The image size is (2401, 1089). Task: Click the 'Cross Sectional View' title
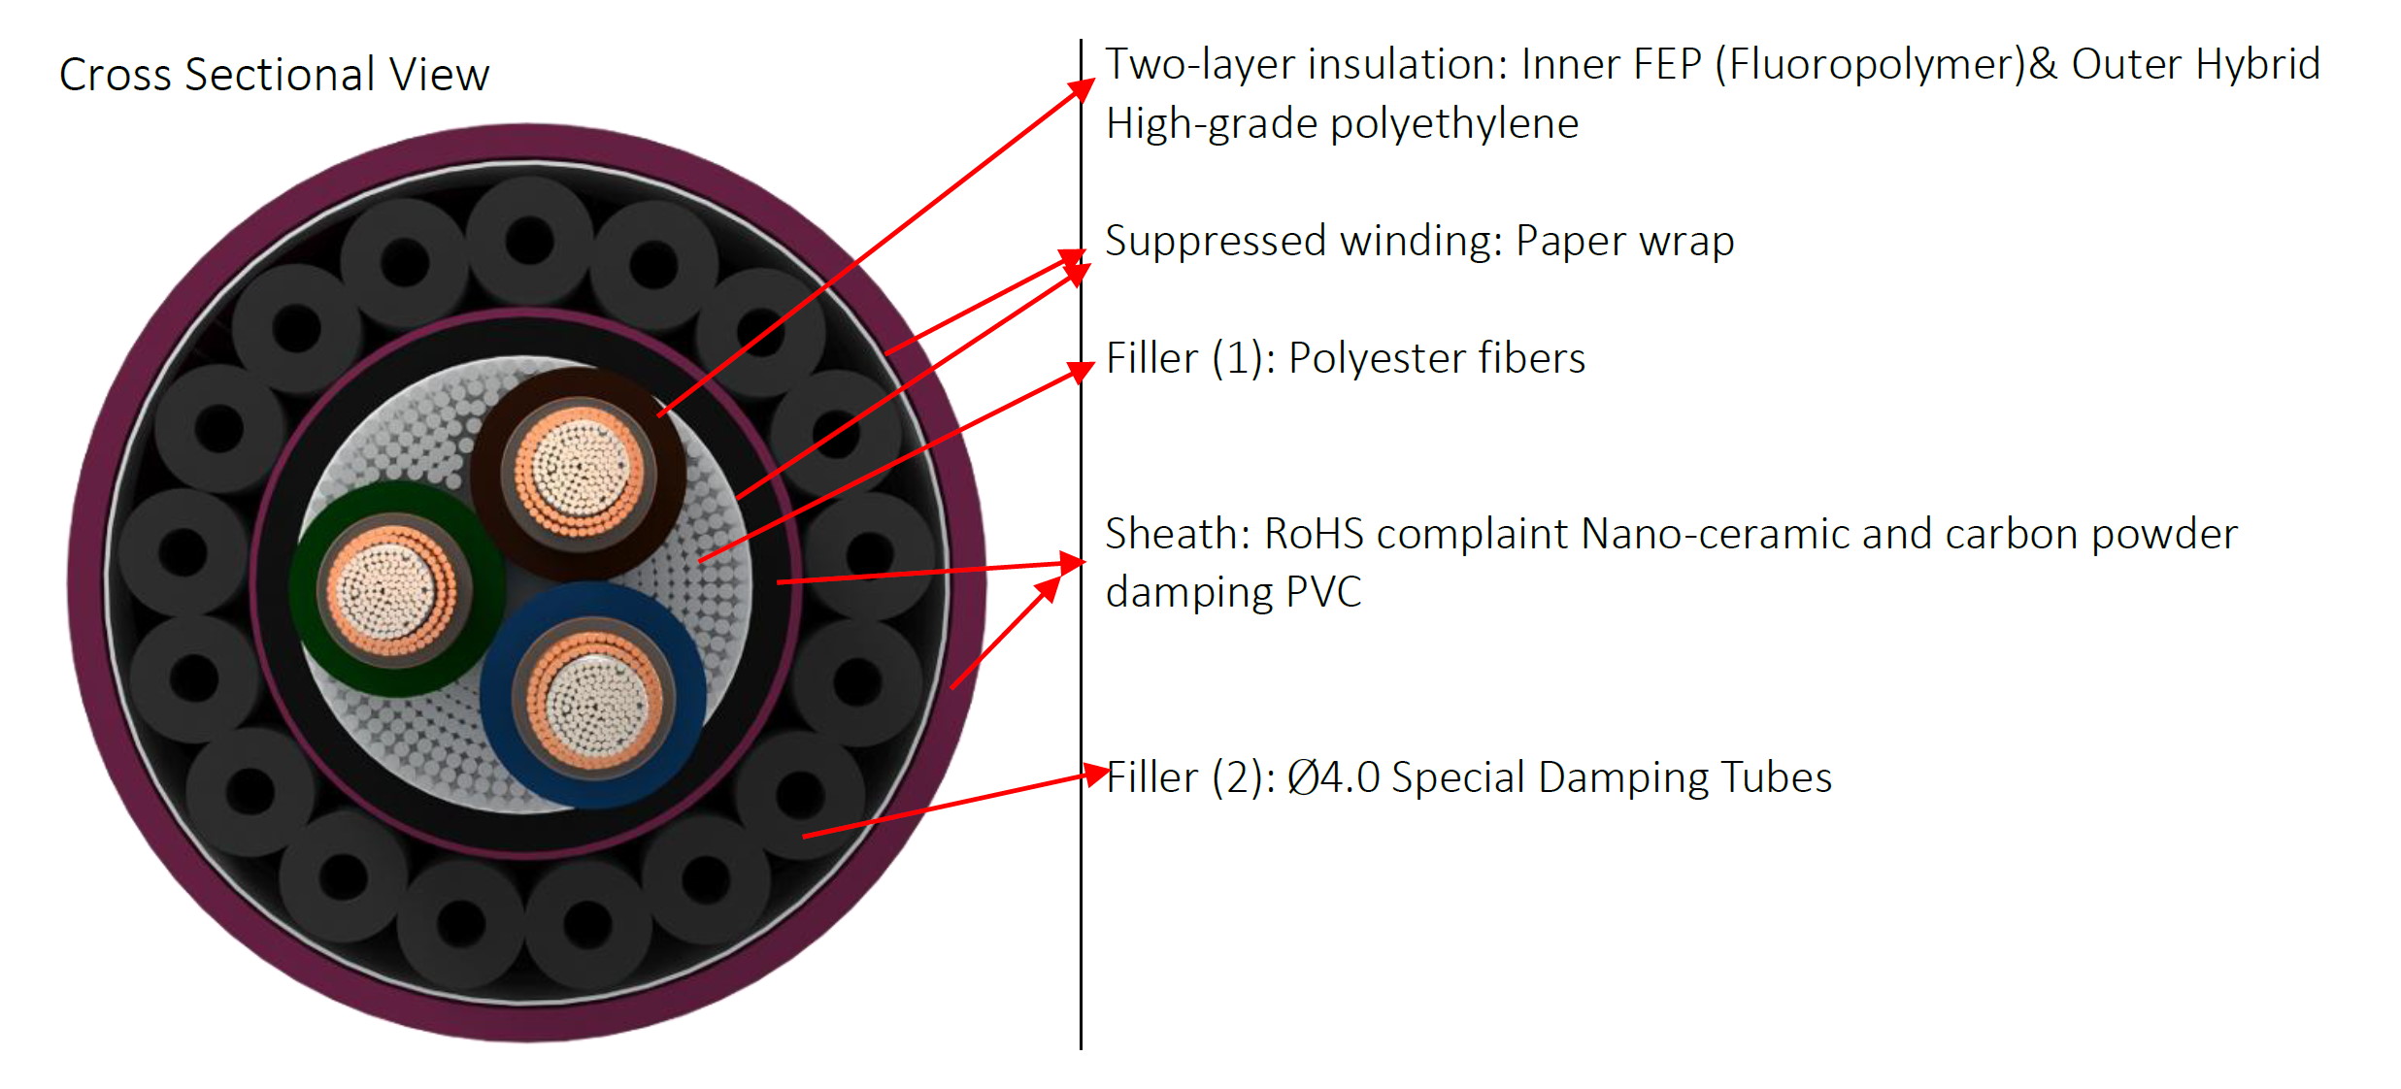point(274,75)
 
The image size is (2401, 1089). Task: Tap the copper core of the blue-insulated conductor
point(595,700)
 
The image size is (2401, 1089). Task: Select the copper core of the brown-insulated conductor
point(580,474)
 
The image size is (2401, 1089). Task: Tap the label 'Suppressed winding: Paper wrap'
point(1419,242)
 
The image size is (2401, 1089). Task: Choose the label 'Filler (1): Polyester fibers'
point(1346,358)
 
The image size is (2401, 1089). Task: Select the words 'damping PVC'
point(1233,592)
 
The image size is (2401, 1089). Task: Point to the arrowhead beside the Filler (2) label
point(1096,774)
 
